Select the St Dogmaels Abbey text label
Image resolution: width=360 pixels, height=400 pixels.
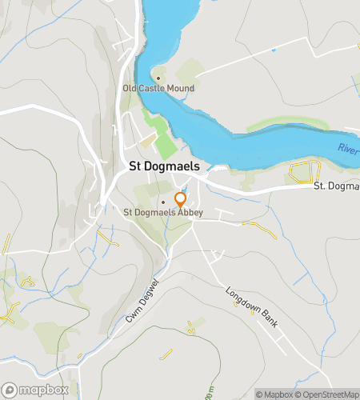[163, 212]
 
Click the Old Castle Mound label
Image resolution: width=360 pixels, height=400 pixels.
[158, 88]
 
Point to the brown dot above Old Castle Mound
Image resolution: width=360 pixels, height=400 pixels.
[158, 78]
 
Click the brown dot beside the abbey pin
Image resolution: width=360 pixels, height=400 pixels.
[163, 202]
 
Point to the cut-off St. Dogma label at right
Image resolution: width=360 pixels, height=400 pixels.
[335, 186]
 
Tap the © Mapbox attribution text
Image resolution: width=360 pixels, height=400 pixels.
[274, 394]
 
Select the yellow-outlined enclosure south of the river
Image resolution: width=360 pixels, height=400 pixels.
[304, 171]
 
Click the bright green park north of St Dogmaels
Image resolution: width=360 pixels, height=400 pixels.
[165, 146]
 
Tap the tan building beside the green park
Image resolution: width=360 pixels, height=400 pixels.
[149, 141]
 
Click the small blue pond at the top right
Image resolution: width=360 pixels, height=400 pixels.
[273, 50]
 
